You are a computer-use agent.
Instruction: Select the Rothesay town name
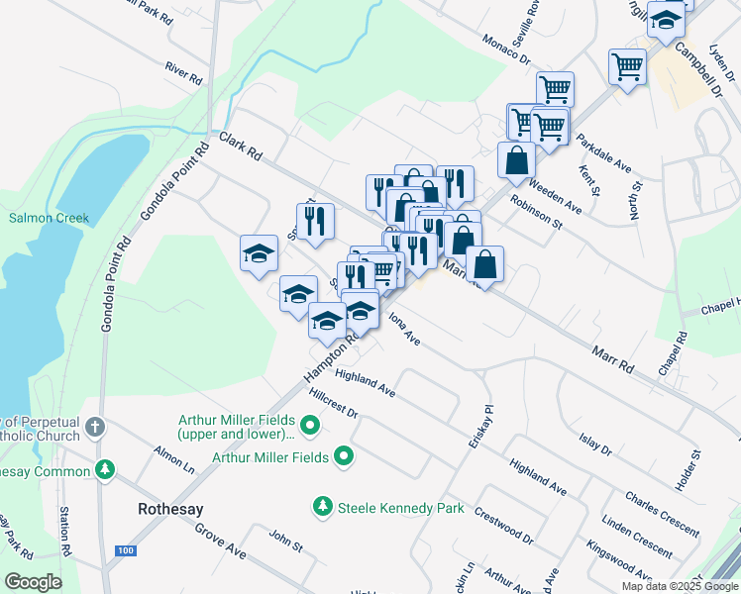[169, 509]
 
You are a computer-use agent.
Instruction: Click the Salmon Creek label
[50, 218]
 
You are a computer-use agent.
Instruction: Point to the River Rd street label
[184, 72]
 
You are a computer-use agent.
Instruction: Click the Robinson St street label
[536, 211]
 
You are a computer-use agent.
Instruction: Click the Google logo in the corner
[33, 581]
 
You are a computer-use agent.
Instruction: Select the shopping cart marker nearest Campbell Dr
[627, 67]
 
